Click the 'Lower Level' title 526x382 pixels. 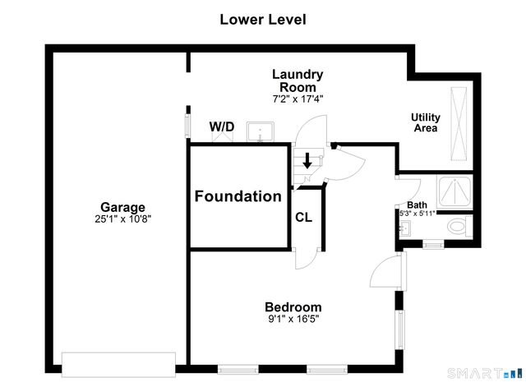coord(263,20)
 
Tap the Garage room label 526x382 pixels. coord(122,207)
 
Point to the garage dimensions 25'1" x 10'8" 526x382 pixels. coord(122,219)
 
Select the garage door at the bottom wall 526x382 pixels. coord(118,365)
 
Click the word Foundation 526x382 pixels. coord(238,196)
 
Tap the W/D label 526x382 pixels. coord(222,127)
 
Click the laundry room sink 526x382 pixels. coord(261,131)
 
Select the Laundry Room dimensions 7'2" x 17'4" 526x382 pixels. coord(298,99)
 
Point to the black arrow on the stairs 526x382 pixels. coord(307,161)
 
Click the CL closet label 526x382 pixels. coord(303,218)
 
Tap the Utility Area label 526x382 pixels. coord(426,122)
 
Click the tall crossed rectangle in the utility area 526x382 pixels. coord(459,124)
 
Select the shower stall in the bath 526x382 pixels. coord(454,192)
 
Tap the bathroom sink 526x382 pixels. coord(405,228)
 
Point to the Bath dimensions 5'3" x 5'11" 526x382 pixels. coord(417,213)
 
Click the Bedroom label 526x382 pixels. coord(293,307)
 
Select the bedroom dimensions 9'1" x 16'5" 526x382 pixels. coord(293,319)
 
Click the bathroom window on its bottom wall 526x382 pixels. coord(433,244)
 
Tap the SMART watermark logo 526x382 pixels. coord(485,373)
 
